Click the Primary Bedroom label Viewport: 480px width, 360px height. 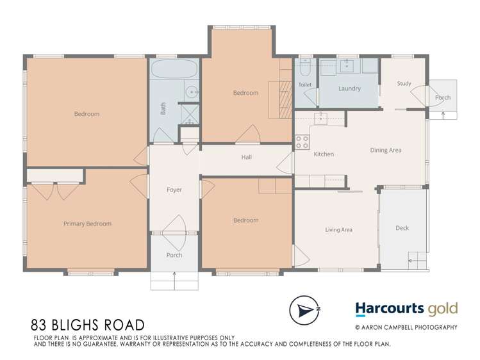(87, 224)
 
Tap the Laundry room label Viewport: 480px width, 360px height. (349, 88)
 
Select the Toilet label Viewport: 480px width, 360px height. (305, 85)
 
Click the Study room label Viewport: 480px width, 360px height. (404, 83)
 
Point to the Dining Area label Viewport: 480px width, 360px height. (386, 150)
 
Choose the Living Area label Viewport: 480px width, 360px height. (339, 229)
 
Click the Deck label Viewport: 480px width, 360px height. (402, 228)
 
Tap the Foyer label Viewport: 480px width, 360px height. (174, 190)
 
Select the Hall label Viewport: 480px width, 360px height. (247, 157)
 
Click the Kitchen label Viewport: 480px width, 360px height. (324, 154)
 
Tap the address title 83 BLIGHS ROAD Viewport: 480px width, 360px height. (88, 326)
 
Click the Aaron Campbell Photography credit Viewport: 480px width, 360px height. (406, 327)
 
